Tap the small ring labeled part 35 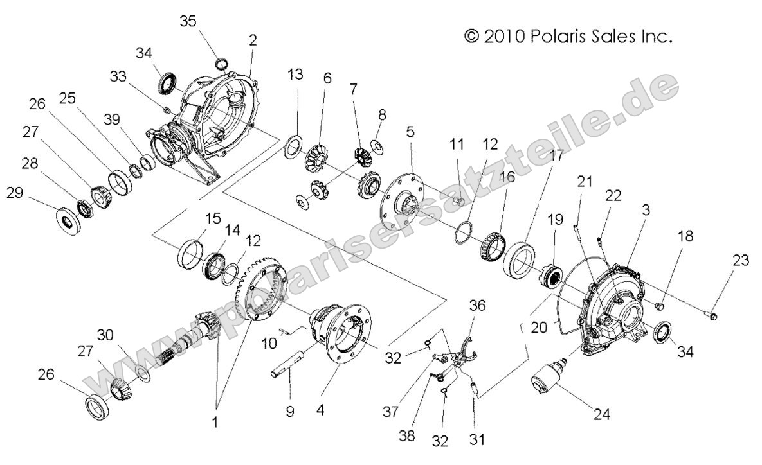[220, 63]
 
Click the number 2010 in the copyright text [505, 37]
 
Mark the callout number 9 [289, 411]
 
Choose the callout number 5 [410, 132]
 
